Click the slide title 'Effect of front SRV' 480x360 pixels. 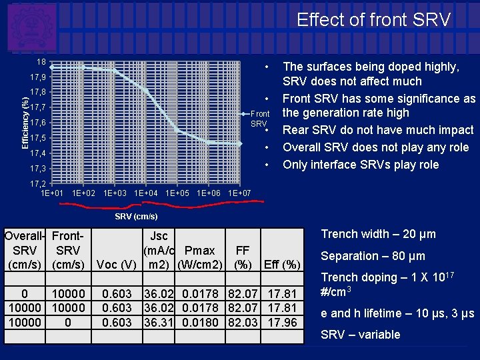tap(373, 20)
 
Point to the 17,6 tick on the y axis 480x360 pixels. tap(38, 123)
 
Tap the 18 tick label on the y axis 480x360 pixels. tap(41, 62)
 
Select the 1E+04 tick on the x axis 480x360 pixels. tap(146, 193)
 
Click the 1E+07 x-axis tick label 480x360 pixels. tap(239, 193)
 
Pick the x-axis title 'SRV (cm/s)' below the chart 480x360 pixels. tap(136, 217)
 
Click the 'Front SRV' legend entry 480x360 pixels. tap(259, 119)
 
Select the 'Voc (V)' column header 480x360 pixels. tap(117, 265)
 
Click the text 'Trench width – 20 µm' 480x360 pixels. tap(378, 234)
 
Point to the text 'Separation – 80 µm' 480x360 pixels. tap(373, 256)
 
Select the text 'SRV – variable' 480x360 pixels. tap(361, 335)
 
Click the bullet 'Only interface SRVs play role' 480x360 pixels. tap(361, 165)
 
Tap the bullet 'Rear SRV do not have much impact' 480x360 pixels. tap(378, 129)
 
